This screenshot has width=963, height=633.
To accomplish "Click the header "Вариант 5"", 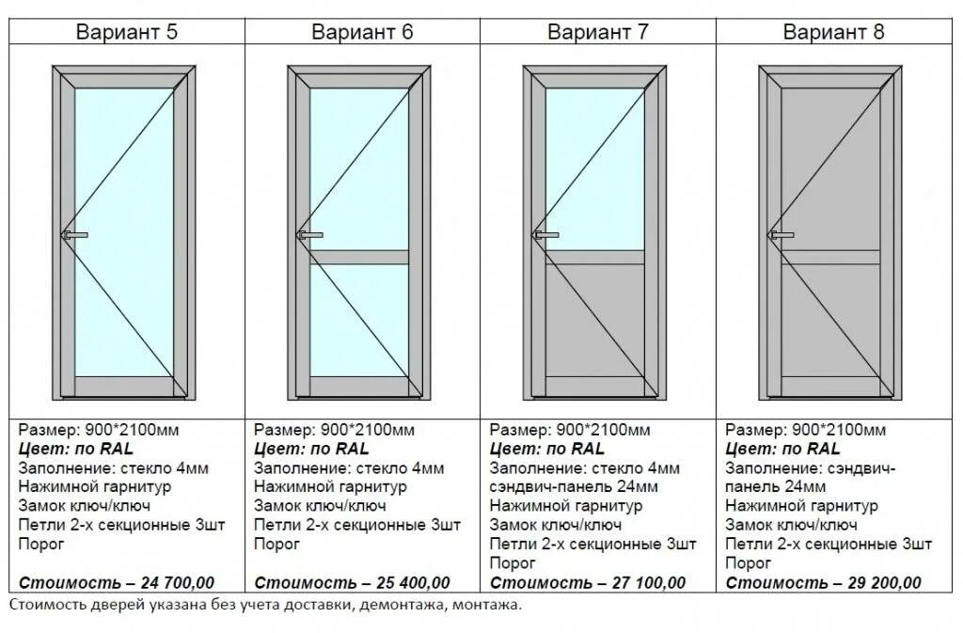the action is point(127,31).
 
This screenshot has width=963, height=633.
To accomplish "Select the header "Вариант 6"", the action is point(362,31).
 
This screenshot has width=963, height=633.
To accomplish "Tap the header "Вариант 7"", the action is point(598,31).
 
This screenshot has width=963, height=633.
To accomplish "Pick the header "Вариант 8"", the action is point(834,31).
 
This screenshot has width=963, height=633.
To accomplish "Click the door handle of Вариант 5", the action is point(75,234).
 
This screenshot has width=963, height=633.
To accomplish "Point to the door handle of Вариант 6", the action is point(310,234).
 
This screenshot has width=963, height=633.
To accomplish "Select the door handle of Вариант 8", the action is point(781,234).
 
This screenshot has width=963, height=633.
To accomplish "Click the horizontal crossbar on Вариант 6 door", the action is point(359,257).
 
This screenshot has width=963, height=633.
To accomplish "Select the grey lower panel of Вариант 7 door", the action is point(594,320).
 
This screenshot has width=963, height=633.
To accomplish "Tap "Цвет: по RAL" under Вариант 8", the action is point(783,449).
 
